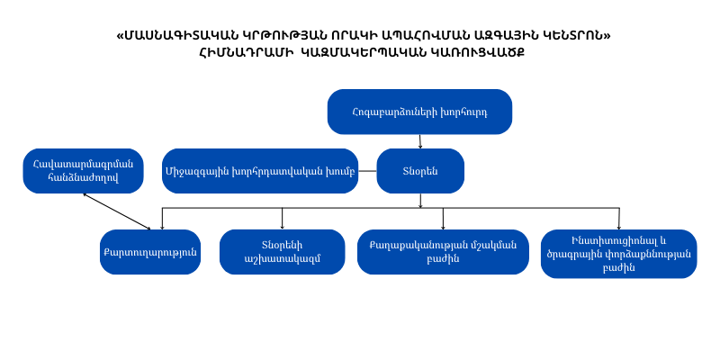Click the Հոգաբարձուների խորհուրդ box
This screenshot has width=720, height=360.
click(419, 112)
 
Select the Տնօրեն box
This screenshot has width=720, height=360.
click(420, 171)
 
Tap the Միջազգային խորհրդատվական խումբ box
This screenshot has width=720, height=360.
click(260, 171)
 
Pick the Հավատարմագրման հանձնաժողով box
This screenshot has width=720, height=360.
click(83, 171)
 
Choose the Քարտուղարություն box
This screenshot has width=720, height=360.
click(150, 252)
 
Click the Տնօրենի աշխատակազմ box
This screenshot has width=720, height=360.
click(282, 252)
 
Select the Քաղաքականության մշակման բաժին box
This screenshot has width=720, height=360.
click(443, 252)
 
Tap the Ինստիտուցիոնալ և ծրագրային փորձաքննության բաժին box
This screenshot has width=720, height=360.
click(618, 254)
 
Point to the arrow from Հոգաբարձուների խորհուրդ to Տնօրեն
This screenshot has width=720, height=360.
click(420, 141)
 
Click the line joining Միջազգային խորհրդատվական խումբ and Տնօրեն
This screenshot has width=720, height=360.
click(367, 171)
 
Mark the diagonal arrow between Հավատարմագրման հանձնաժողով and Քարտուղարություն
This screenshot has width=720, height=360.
click(117, 211)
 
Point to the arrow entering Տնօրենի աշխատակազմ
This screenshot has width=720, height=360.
click(282, 219)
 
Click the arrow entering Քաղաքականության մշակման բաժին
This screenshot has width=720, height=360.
click(443, 219)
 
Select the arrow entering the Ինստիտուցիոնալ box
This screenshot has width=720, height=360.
click(618, 219)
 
